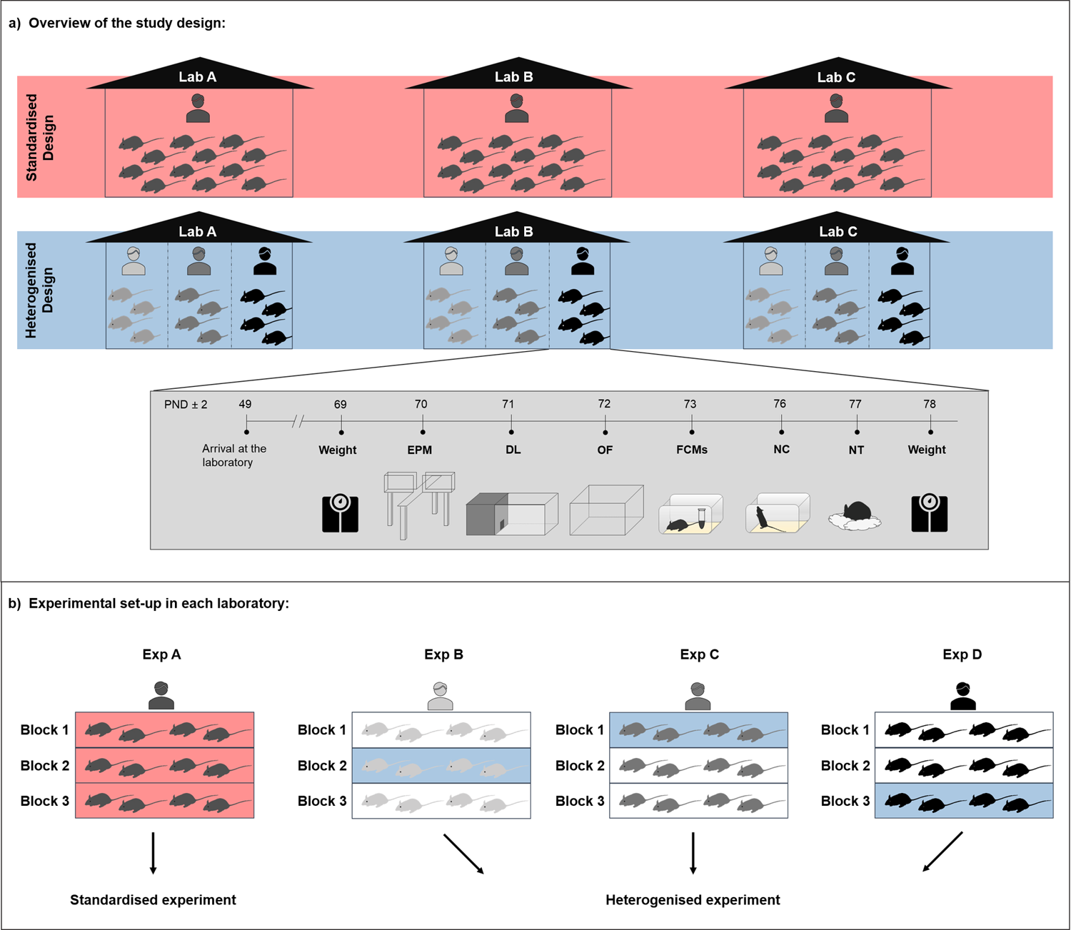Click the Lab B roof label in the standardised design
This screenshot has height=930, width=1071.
[x=513, y=77]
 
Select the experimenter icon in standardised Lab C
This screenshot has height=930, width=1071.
[x=836, y=108]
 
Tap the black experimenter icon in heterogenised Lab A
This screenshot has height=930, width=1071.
[x=265, y=261]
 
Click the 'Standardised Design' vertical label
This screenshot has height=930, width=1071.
[x=40, y=137]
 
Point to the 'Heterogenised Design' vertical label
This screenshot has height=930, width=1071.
[x=40, y=290]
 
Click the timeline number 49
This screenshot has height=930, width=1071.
[x=245, y=404]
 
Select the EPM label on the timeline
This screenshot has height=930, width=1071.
[x=419, y=450]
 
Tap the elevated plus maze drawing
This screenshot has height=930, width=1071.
[x=419, y=504]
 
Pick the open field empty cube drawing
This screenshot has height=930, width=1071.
[x=606, y=510]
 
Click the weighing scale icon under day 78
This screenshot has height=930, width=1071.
[x=929, y=513]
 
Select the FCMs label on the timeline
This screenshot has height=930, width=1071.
[x=691, y=450]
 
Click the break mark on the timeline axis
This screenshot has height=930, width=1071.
[x=298, y=422]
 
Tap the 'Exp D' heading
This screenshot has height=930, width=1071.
[x=962, y=654]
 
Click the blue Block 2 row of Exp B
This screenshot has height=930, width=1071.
[x=441, y=766]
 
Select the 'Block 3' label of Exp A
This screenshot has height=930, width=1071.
[x=44, y=801]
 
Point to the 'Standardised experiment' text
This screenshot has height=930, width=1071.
[x=153, y=900]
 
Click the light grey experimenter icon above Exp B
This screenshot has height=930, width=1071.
[x=441, y=696]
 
